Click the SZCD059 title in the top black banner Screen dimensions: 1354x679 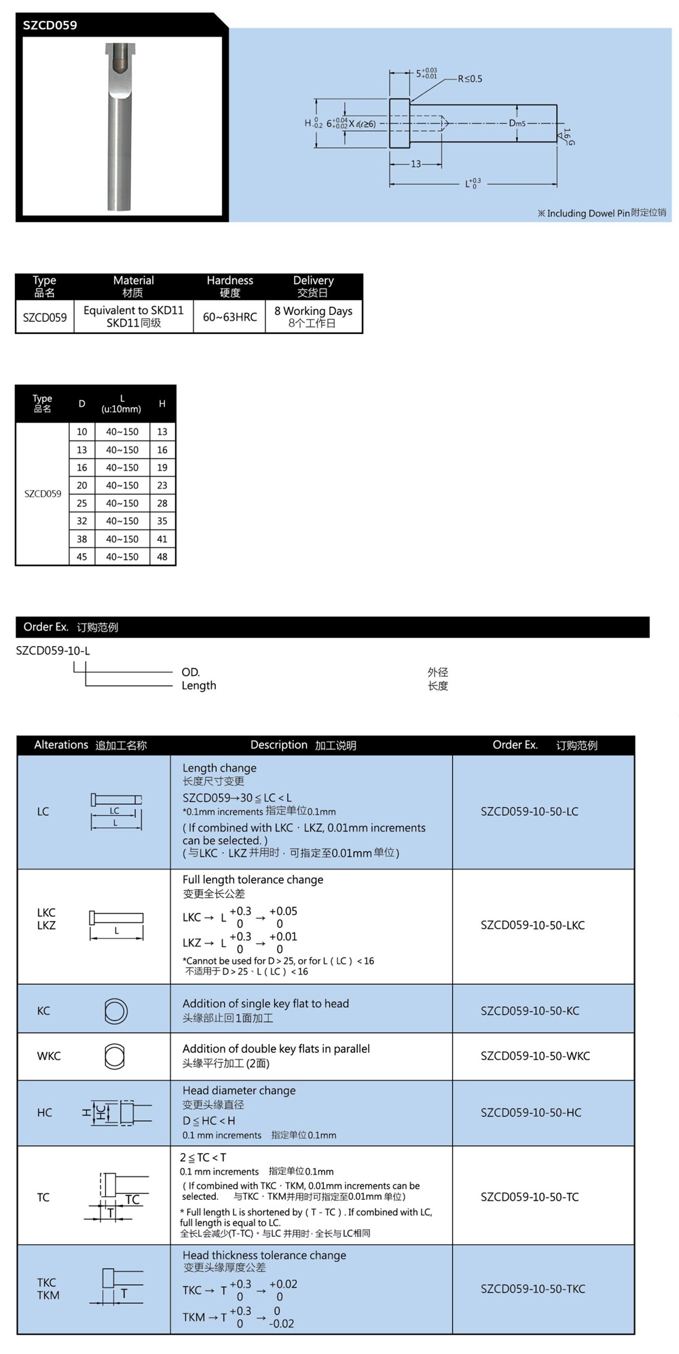pos(50,26)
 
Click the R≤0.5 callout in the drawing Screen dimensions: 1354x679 pos(470,79)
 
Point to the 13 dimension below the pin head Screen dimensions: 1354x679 pos(416,164)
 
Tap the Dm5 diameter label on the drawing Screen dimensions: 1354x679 pos(517,124)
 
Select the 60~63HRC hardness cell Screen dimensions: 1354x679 pos(230,317)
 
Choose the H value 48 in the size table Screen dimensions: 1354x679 pos(162,557)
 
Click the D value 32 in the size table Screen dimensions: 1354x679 pos(81,521)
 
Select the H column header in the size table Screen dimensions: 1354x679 pos(162,404)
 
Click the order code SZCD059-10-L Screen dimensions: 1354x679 pos(53,651)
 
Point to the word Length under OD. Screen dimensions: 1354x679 pos(198,686)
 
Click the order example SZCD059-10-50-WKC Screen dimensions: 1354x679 pos(535,1056)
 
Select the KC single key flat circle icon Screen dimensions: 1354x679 pos(115,1011)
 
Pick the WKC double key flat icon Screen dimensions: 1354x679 pos(115,1056)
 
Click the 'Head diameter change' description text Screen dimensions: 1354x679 pos(239,1091)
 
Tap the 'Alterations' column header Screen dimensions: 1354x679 pos(61,745)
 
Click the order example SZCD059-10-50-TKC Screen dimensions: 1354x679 pos(532,1289)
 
